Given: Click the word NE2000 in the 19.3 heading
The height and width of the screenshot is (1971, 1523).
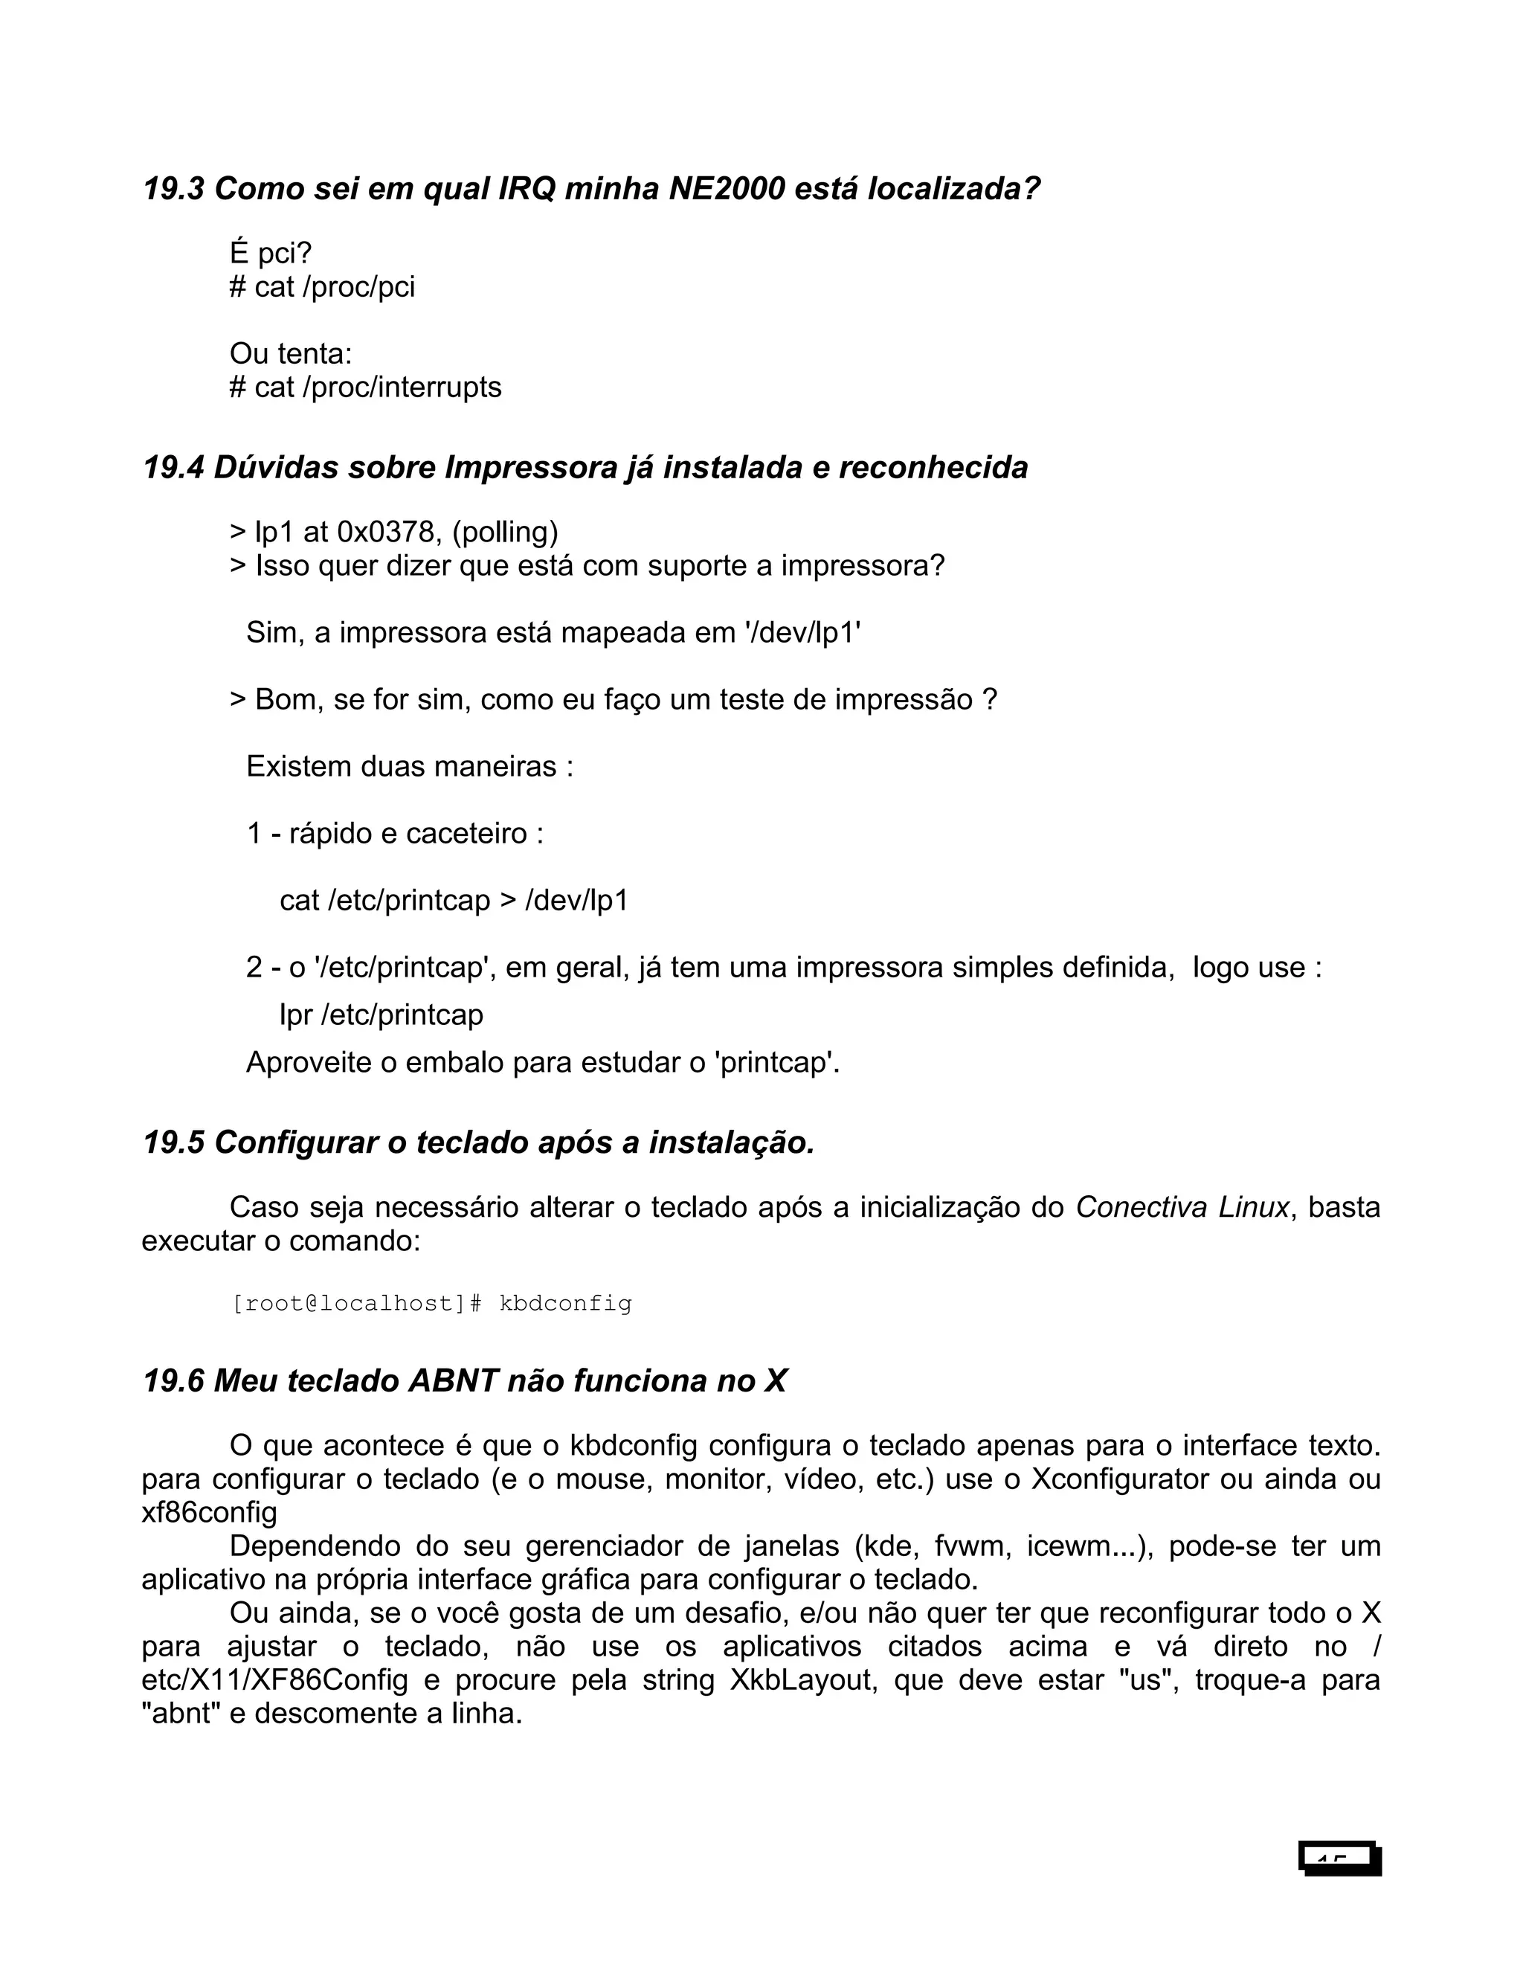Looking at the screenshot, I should click(727, 189).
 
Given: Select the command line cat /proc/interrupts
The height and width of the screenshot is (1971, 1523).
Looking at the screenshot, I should click(365, 388).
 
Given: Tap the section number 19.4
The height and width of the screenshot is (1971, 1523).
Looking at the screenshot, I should click(174, 468).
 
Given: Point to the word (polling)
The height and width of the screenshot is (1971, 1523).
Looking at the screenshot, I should click(504, 532).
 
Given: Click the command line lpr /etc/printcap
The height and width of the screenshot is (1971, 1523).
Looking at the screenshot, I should click(381, 1015).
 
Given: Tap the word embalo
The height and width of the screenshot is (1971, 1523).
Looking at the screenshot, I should click(454, 1062).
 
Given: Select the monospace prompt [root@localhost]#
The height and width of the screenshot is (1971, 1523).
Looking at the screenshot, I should click(357, 1304).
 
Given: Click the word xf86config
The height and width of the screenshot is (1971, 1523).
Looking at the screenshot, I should click(209, 1513).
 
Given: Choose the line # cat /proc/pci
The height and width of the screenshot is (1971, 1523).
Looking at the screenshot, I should click(322, 287).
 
